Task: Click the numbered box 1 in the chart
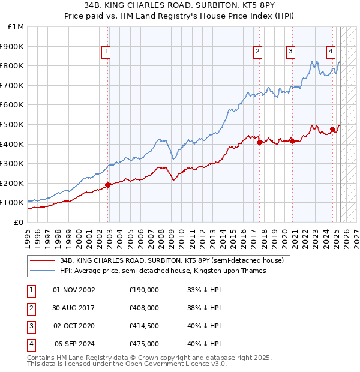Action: [106, 52]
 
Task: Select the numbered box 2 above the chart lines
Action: [257, 52]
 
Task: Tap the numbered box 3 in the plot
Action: [290, 52]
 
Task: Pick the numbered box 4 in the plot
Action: [331, 52]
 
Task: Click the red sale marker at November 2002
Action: [108, 185]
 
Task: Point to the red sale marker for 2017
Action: [259, 143]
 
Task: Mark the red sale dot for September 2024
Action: [332, 129]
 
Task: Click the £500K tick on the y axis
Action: [13, 124]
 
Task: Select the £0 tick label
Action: [19, 222]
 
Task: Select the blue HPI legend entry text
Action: [163, 271]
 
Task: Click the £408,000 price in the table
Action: [144, 307]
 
